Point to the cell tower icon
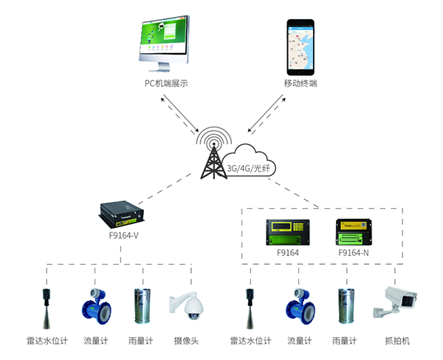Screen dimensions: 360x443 [215, 152]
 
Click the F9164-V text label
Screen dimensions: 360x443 [123, 238]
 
